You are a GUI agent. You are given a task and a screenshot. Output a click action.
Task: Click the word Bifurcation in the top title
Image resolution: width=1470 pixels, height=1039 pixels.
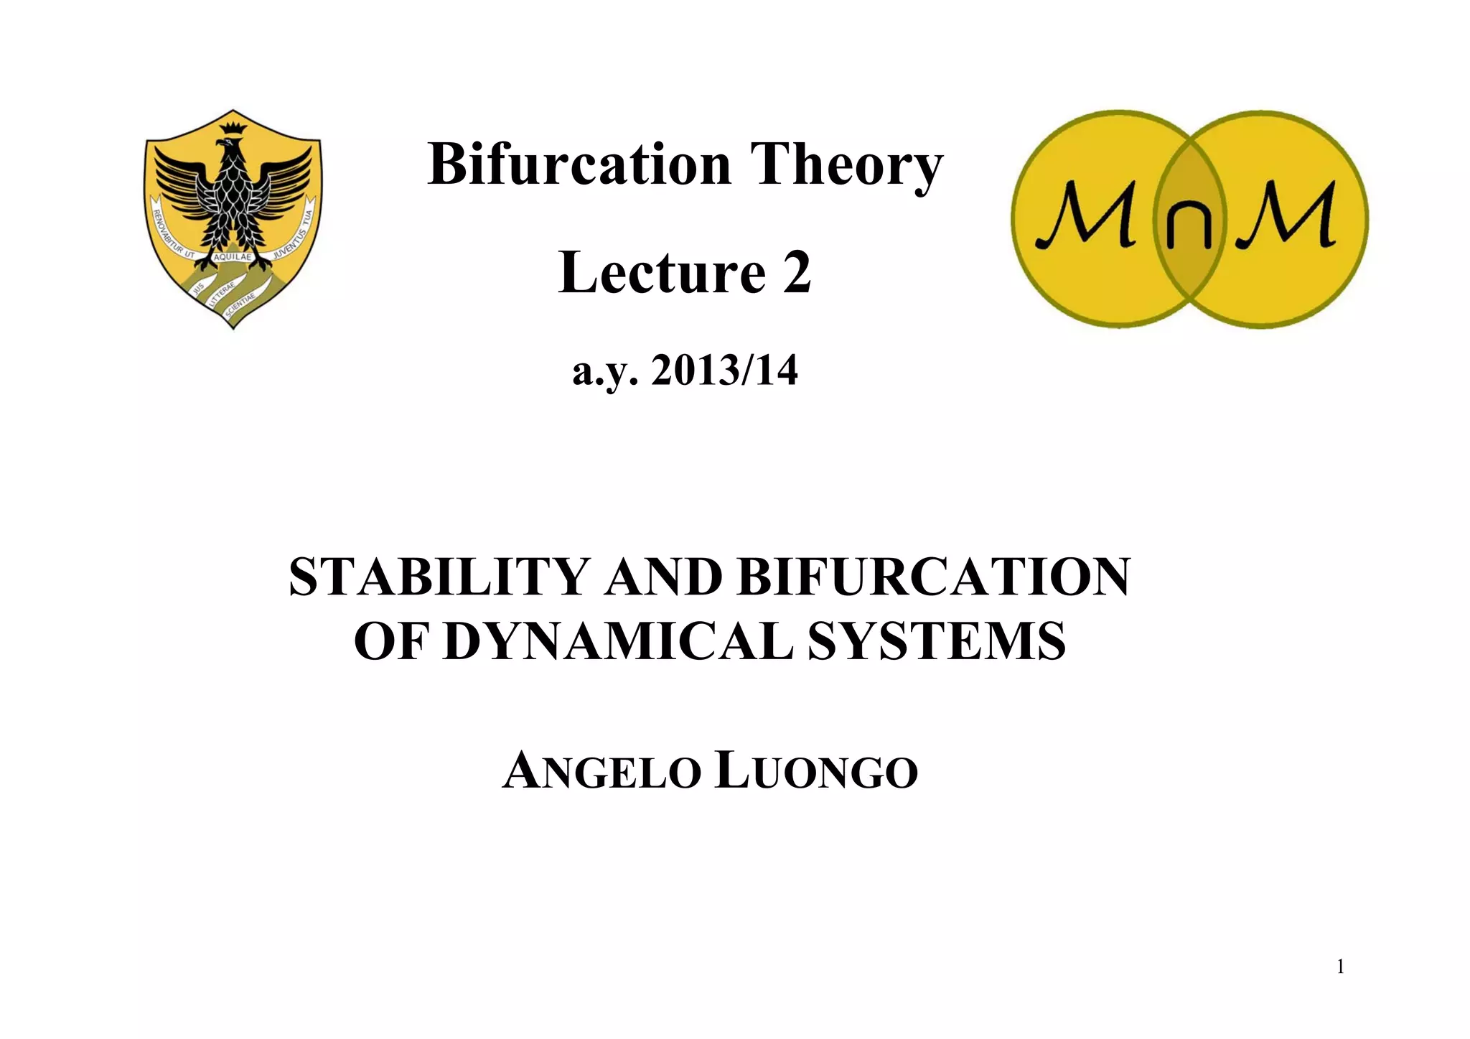point(579,164)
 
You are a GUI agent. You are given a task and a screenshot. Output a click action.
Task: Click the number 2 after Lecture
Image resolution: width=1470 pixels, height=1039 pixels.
point(797,273)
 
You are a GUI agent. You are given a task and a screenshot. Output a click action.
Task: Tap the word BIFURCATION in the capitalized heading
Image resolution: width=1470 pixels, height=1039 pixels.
point(934,577)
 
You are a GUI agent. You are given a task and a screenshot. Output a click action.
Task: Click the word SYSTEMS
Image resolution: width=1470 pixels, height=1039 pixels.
point(937,641)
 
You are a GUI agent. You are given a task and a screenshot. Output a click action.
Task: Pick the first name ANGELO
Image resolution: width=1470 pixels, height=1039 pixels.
point(601,772)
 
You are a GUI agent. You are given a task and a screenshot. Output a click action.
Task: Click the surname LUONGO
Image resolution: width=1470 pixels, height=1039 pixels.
point(817,772)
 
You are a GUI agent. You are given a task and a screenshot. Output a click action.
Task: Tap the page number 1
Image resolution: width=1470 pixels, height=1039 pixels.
point(1340,967)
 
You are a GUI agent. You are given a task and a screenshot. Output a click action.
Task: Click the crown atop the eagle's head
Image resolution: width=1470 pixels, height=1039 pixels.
point(233,129)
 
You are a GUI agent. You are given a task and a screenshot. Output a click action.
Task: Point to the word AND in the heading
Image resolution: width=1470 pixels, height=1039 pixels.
point(663,577)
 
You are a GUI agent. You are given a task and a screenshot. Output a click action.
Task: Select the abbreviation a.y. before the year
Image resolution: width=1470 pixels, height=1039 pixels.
point(604,372)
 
